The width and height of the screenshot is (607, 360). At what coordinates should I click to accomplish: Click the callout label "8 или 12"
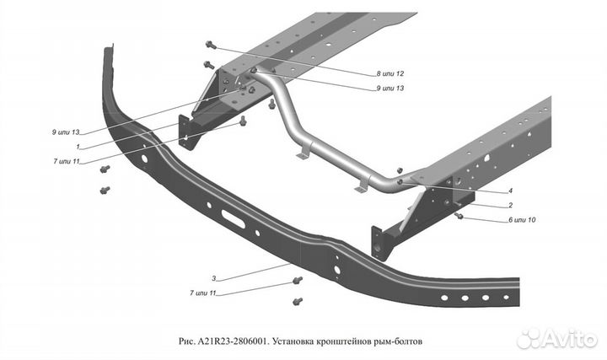coord(390,73)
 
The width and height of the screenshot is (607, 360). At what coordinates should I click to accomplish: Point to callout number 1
coord(78,146)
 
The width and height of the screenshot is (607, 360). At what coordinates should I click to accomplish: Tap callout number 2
coord(511,205)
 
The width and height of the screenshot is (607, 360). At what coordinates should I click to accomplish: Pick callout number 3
coord(214,277)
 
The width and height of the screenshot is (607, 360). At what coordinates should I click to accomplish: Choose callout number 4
coord(510,191)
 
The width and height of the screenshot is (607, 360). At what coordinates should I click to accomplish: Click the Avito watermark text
coord(568,339)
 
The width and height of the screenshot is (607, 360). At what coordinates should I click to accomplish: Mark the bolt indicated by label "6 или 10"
coord(459,216)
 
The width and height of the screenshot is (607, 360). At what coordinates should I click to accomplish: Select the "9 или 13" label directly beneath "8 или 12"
coord(390,88)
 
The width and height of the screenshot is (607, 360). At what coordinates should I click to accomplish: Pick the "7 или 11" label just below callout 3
coord(202,293)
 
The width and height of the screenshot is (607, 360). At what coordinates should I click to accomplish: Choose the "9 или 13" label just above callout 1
coord(65,132)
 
